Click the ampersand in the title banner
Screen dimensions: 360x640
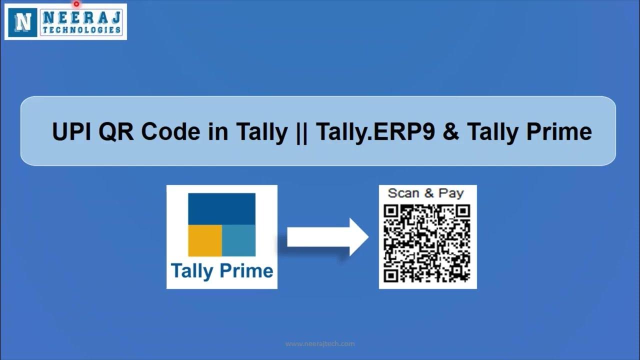click(x=451, y=132)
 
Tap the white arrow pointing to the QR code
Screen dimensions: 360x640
click(x=327, y=237)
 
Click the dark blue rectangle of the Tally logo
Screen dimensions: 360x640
click(x=221, y=208)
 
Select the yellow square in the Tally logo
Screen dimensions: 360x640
click(x=205, y=240)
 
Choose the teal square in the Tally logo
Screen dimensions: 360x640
click(x=239, y=240)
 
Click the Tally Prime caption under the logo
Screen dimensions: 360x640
click(x=222, y=271)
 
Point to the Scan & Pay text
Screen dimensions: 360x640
click(x=426, y=193)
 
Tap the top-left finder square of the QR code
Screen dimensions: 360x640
click(x=391, y=212)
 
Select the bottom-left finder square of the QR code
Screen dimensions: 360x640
click(x=391, y=274)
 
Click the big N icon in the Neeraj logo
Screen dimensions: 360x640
click(x=22, y=21)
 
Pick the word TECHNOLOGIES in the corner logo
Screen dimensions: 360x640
click(x=82, y=30)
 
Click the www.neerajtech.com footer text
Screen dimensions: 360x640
click(x=320, y=344)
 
